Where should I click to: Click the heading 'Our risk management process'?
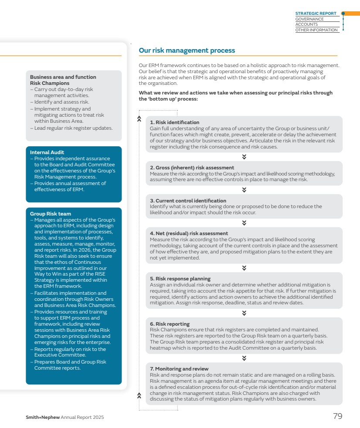[x=187, y=51]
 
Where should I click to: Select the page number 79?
[x=337, y=416]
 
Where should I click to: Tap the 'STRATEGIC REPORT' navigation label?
[x=316, y=13]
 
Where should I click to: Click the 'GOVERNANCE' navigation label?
[x=309, y=19]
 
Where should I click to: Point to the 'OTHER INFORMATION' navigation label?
[x=316, y=30]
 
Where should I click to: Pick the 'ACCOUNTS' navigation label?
[x=306, y=24]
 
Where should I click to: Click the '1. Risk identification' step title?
[x=175, y=122]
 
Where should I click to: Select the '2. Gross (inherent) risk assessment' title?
[x=192, y=168]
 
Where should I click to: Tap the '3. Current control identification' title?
[x=188, y=201]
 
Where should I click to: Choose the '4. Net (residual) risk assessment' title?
[x=189, y=233]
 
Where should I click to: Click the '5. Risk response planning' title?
[x=180, y=279]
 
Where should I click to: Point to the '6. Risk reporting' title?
[x=170, y=324]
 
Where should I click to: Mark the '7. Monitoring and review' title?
[x=179, y=369]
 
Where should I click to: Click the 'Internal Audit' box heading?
[x=47, y=152]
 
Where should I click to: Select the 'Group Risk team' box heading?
[x=51, y=214]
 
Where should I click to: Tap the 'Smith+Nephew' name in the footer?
[x=43, y=418]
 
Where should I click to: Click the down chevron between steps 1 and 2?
[x=244, y=157]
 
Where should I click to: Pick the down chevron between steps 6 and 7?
[x=244, y=358]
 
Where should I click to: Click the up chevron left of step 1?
[x=139, y=118]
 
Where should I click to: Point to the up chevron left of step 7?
[x=139, y=395]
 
